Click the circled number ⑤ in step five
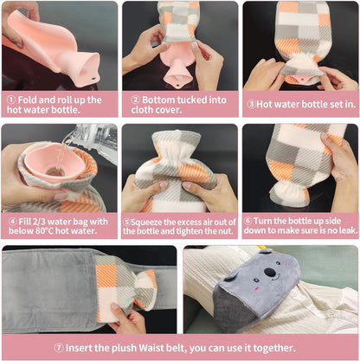[x=126, y=220]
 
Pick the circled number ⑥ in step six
[x=247, y=220]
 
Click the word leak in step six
[x=343, y=232]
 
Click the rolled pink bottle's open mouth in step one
[x=89, y=62]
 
